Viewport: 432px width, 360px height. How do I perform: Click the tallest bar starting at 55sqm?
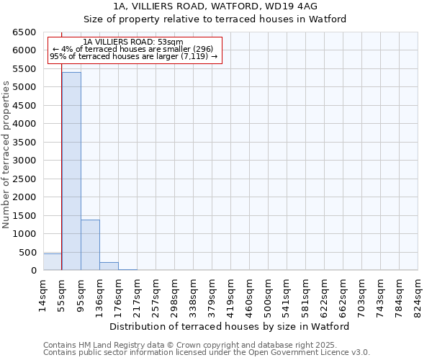click(x=71, y=171)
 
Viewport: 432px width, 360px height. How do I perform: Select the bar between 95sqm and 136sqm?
click(x=90, y=245)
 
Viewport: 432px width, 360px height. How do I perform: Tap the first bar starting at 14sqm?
click(x=53, y=262)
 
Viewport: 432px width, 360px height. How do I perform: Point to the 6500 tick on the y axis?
click(x=24, y=32)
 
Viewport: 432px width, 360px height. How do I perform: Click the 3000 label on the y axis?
click(x=24, y=161)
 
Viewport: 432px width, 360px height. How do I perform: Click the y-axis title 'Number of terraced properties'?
click(x=7, y=155)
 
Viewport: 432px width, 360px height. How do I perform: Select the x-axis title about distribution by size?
click(x=230, y=326)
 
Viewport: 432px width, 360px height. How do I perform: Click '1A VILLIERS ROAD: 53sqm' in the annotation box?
click(x=133, y=42)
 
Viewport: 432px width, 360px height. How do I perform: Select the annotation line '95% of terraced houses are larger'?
click(x=133, y=56)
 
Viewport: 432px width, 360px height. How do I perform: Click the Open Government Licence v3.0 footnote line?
click(x=207, y=353)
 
